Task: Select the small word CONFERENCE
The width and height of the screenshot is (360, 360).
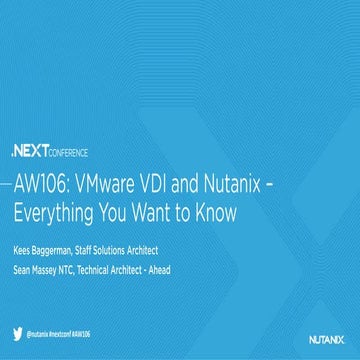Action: click(x=67, y=153)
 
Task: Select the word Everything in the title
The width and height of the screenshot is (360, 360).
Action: click(x=58, y=211)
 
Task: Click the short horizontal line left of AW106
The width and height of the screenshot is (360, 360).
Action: click(x=7, y=186)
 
